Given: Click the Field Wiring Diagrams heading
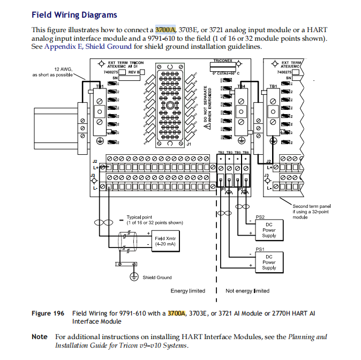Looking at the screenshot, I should click(x=74, y=15).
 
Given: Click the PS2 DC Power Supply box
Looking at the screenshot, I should click(x=269, y=230).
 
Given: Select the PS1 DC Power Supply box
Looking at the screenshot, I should click(x=269, y=262).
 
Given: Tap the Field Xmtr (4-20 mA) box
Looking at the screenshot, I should click(x=166, y=241).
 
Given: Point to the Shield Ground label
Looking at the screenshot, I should click(x=157, y=277).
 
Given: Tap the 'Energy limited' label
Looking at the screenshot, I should click(x=187, y=291).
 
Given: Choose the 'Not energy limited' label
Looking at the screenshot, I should click(x=247, y=291).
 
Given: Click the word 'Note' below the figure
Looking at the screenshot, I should click(x=40, y=337).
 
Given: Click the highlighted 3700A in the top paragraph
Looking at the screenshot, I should click(x=166, y=29).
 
